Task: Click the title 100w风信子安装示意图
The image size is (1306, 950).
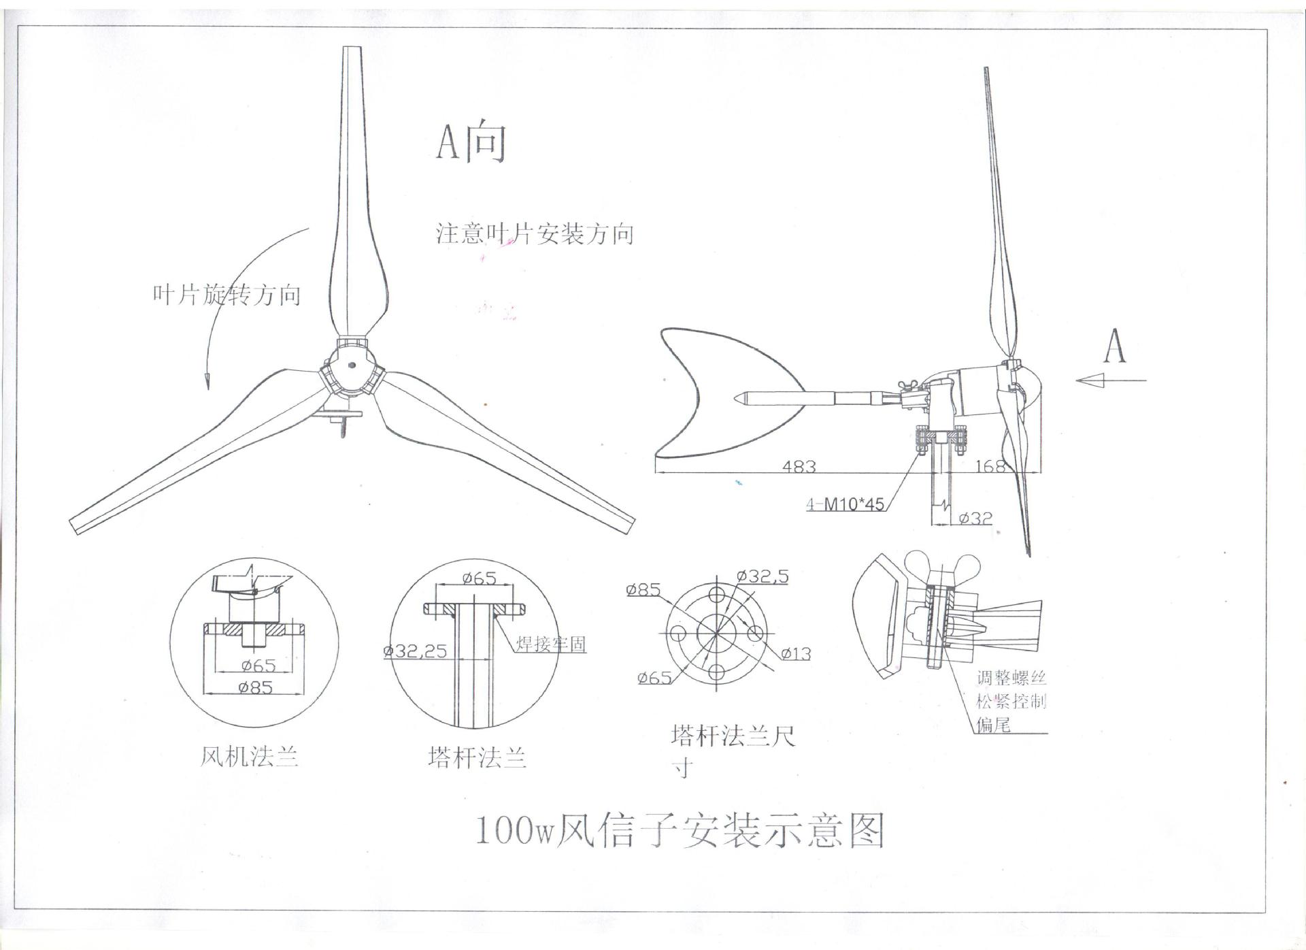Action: (679, 830)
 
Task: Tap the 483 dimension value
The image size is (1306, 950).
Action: (799, 466)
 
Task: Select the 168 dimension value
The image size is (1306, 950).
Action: (990, 466)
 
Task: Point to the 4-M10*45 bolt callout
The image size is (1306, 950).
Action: (845, 504)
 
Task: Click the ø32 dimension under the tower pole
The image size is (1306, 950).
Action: (975, 518)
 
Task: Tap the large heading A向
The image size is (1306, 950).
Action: (471, 142)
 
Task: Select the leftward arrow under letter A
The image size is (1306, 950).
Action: (1111, 380)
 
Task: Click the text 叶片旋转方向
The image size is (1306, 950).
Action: (227, 295)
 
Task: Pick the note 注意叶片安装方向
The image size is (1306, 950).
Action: (535, 233)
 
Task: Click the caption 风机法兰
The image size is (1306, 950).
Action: (249, 757)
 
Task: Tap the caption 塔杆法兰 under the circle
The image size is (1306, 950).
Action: (478, 757)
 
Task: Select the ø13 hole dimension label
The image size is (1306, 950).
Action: (795, 654)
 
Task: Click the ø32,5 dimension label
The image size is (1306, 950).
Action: (763, 576)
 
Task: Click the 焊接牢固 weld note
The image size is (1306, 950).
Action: (550, 644)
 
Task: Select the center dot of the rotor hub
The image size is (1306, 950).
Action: (351, 364)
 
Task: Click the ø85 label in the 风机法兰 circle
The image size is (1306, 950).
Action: (255, 687)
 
